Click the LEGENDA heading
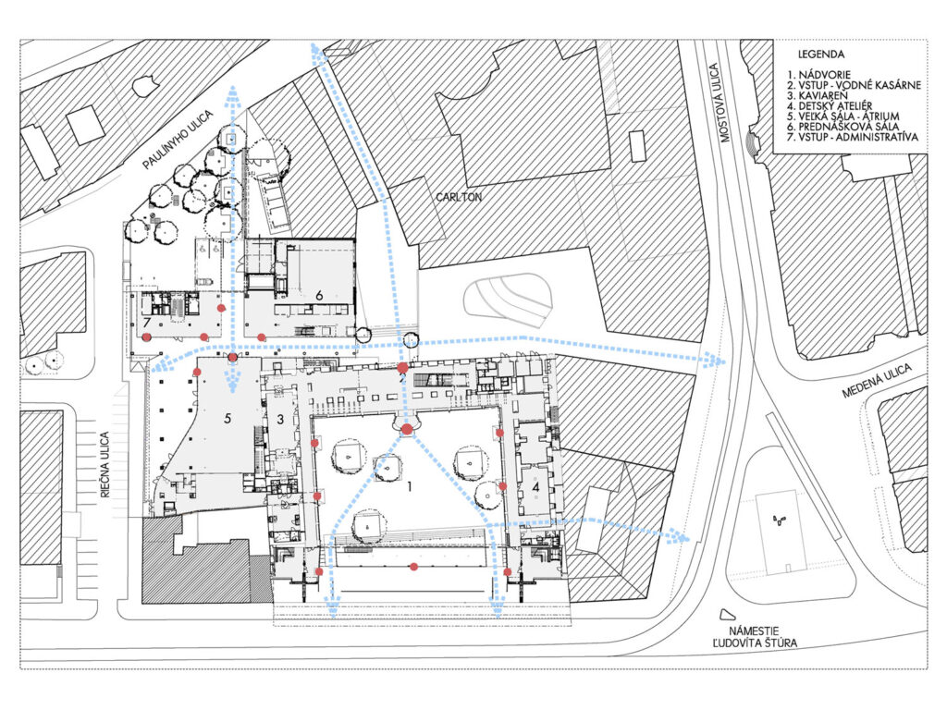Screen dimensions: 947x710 [x=821, y=55]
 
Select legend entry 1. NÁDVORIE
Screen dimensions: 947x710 [x=818, y=76]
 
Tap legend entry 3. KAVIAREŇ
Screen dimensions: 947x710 [x=818, y=95]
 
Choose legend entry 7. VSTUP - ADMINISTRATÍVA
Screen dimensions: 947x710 [x=852, y=137]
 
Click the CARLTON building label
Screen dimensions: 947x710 [x=459, y=197]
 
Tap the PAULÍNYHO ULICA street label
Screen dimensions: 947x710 [x=178, y=141]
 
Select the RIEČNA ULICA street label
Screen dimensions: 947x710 [x=105, y=464]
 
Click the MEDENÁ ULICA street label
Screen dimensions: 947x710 [x=877, y=382]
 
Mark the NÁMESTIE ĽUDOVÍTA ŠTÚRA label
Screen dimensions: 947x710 [x=754, y=636]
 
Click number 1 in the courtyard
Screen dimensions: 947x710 [x=410, y=486]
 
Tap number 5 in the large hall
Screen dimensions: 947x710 [x=228, y=418]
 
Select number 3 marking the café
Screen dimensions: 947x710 [x=280, y=419]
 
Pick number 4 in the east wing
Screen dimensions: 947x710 [x=535, y=486]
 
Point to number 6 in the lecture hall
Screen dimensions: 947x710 [x=319, y=295]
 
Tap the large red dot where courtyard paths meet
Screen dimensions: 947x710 [x=407, y=429]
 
